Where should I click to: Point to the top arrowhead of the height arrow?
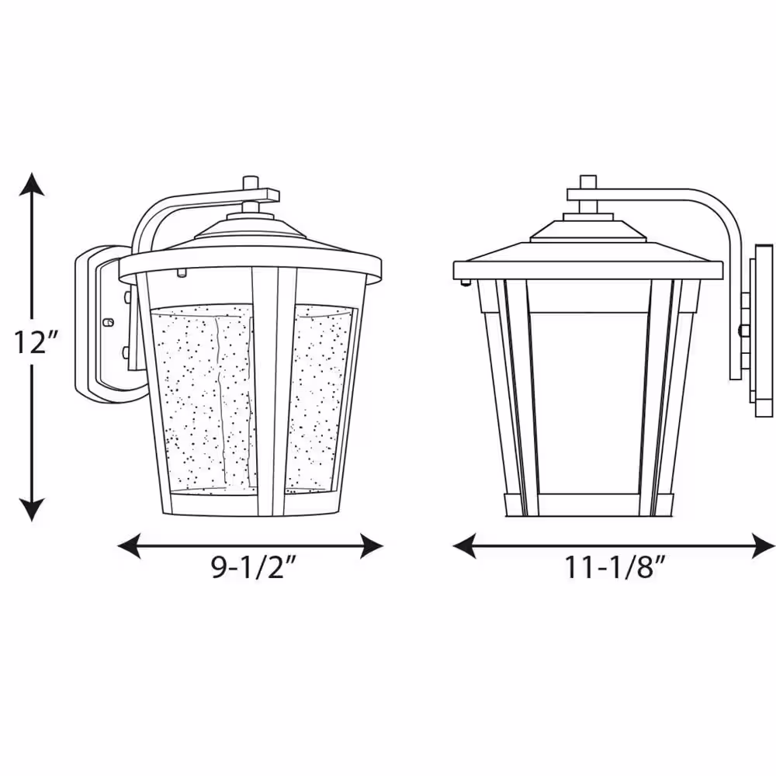point(32,184)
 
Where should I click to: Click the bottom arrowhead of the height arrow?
point(32,510)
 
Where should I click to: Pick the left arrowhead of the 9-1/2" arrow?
point(129,546)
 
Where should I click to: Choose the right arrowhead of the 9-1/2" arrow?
point(371,546)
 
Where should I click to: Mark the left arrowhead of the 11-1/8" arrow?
point(465,546)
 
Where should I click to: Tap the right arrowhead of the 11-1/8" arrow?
point(763,546)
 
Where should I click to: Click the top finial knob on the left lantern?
point(251,182)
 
